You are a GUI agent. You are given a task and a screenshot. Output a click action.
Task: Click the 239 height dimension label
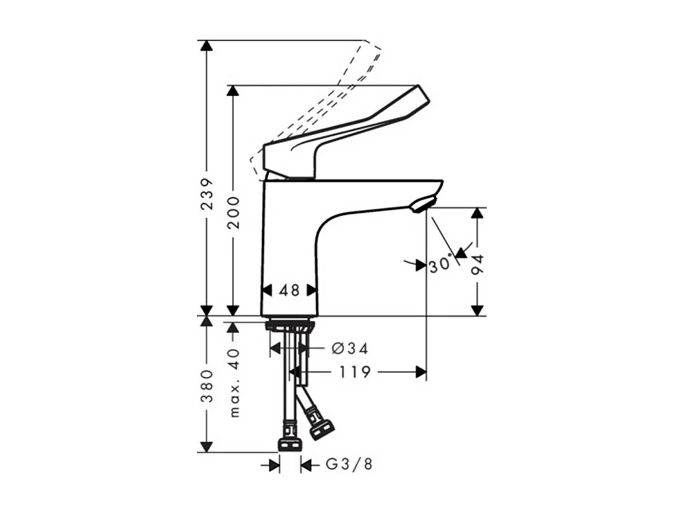tap(207, 194)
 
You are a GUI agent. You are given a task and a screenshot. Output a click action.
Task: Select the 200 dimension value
tap(233, 212)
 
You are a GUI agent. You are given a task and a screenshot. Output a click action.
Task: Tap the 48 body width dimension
tap(289, 290)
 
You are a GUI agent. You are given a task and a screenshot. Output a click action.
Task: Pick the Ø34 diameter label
tap(350, 348)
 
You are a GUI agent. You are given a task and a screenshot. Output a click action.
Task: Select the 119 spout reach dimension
tap(354, 372)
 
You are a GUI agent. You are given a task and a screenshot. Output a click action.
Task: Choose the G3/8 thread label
tap(349, 465)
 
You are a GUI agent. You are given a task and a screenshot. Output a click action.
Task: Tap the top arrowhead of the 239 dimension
tap(207, 45)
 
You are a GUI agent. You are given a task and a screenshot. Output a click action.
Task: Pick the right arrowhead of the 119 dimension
tap(421, 372)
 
